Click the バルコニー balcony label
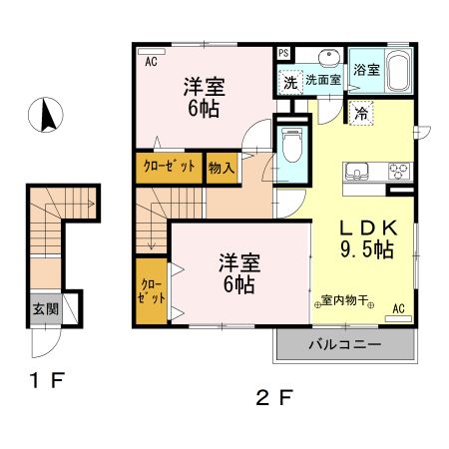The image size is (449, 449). click(343, 346)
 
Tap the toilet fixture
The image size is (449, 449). click(292, 147)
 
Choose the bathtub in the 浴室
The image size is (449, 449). click(397, 72)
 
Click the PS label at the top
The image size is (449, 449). click(283, 53)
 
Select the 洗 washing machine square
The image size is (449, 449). click(288, 80)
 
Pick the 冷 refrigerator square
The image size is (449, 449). click(360, 114)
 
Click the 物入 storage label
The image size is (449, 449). click(221, 169)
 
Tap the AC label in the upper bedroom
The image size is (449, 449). click(152, 61)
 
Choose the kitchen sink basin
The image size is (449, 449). click(357, 169)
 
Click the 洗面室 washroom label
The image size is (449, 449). click(323, 79)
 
